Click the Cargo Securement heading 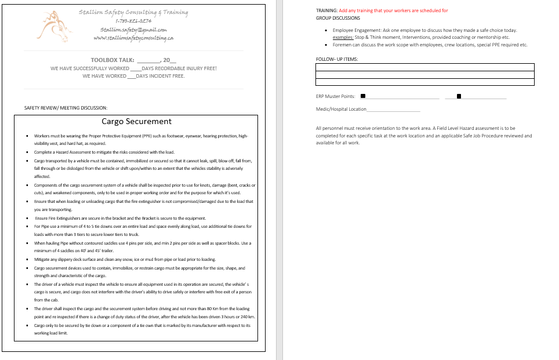point(137,122)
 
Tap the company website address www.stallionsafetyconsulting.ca point(133,38)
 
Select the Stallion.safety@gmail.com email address point(133,30)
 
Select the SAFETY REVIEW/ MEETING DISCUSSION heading point(66,108)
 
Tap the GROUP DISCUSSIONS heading point(338,18)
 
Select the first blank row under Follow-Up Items point(424,67)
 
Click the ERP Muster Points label point(336,96)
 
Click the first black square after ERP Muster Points point(363,96)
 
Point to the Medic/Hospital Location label point(341,109)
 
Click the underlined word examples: point(343,37)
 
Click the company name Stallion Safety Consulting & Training point(133,12)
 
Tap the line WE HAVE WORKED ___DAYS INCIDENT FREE point(133,76)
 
